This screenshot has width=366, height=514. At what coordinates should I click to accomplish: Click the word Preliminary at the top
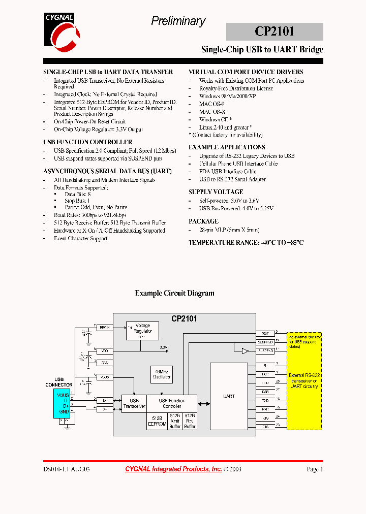pyautogui.click(x=178, y=21)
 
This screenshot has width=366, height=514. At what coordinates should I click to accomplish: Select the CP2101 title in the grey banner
pyautogui.click(x=274, y=31)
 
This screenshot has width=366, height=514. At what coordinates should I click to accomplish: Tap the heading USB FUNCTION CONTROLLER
pyautogui.click(x=88, y=142)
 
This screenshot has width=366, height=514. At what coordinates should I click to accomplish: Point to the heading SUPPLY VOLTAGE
pyautogui.click(x=216, y=192)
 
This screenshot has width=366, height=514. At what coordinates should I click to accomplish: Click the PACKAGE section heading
pyautogui.click(x=204, y=221)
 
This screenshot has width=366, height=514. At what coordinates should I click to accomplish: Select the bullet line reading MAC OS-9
pyautogui.click(x=212, y=104)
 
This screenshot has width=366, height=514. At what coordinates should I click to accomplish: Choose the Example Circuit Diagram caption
pyautogui.click(x=174, y=293)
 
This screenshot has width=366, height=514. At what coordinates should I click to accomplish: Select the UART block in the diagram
pyautogui.click(x=229, y=396)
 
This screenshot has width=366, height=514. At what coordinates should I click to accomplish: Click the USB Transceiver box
pyautogui.click(x=134, y=404)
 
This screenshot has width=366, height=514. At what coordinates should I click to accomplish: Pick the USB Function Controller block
pyautogui.click(x=172, y=404)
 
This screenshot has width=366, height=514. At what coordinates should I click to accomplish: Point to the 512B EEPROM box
pyautogui.click(x=157, y=421)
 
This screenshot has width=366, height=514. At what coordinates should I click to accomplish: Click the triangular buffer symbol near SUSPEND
pyautogui.click(x=245, y=351)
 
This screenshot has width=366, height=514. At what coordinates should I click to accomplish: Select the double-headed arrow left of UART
pyautogui.click(x=204, y=404)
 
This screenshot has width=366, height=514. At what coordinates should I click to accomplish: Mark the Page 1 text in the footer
pyautogui.click(x=315, y=469)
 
